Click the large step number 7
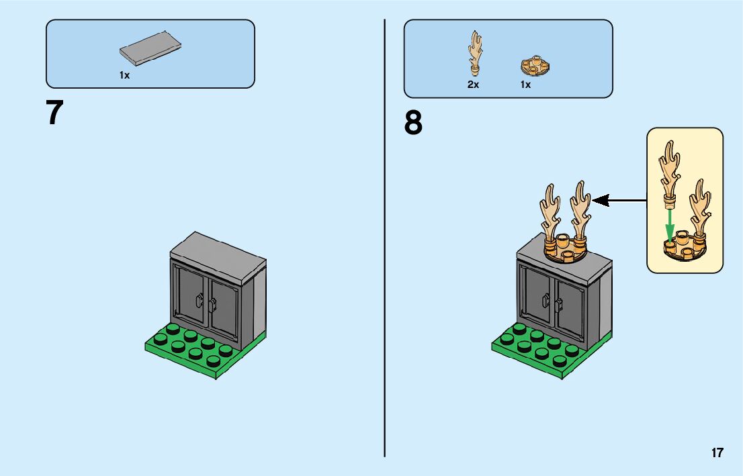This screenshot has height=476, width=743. point(54,113)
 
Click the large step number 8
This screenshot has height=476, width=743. point(414,124)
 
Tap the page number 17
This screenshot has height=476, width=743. point(717,453)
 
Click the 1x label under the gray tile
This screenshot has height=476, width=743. point(124,76)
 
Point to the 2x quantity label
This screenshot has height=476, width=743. point(473,85)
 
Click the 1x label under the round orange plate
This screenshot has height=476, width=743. point(525,85)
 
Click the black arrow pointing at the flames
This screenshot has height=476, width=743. point(619,200)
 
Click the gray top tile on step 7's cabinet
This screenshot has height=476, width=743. point(218,251)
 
